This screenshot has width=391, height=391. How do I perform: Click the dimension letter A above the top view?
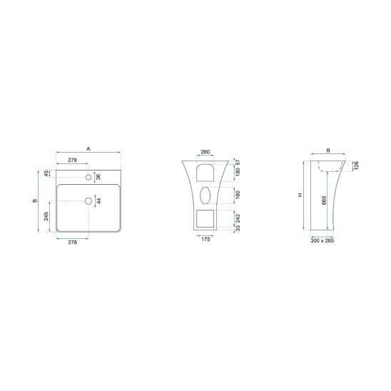88,149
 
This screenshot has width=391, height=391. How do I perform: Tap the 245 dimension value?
46,216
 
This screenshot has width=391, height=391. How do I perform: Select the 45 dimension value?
46,173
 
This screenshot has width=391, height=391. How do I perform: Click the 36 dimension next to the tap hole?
98,177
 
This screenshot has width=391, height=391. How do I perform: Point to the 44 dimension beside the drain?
98,200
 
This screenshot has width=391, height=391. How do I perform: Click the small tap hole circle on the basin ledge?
88,177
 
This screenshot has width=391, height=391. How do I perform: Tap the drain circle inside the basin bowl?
88,201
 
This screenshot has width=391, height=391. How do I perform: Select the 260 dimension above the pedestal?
205,151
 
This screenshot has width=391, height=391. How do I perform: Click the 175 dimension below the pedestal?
205,240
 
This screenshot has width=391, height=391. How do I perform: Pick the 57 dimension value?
238,163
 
